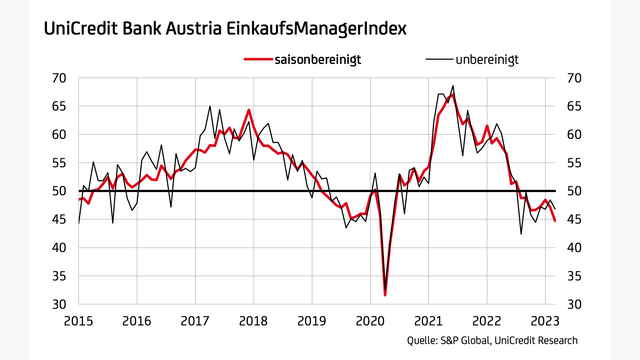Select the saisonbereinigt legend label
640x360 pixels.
(x=319, y=60)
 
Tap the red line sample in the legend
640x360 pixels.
(x=258, y=60)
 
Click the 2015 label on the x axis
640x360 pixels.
(x=79, y=321)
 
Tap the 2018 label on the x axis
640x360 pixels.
(x=253, y=321)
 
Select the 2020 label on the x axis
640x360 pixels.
(x=370, y=321)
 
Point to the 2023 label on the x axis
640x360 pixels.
(x=544, y=321)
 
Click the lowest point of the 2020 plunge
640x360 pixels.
(x=385, y=294)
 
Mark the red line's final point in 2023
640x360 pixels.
(x=555, y=221)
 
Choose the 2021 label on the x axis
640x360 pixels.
(x=428, y=321)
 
